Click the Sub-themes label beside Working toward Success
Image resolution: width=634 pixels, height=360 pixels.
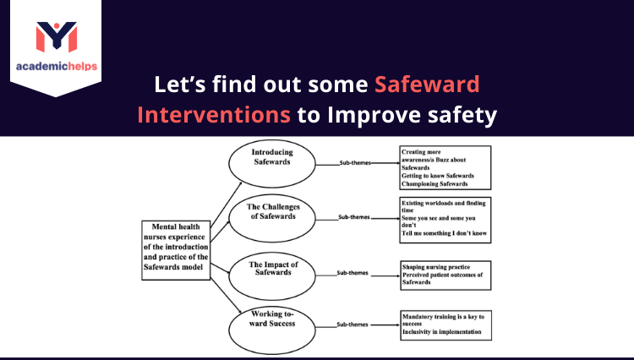(353, 325)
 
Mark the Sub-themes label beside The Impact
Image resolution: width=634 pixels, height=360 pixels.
(353, 272)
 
